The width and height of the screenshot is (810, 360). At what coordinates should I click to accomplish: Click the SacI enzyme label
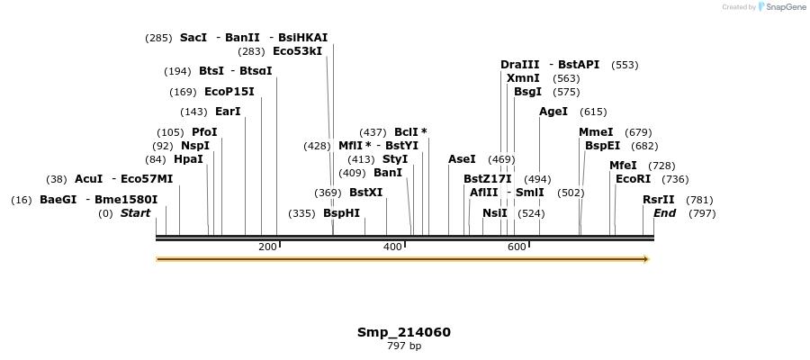coord(193,38)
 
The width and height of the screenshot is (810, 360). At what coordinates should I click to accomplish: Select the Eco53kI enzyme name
coord(297,51)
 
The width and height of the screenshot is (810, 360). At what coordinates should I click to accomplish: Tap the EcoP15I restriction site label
coord(229,92)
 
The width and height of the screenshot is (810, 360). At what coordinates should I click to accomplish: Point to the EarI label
coord(228,112)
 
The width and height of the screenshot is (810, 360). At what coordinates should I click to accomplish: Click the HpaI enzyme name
coord(188,159)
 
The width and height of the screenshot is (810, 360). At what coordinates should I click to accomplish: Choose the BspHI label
coord(341,213)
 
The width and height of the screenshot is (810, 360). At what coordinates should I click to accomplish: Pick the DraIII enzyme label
coord(519,65)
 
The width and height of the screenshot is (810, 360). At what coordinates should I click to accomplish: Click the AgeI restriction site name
coord(553,112)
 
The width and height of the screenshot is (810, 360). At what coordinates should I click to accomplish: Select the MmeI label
coord(596,132)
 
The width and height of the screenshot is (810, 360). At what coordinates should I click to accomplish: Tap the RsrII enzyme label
coord(658,200)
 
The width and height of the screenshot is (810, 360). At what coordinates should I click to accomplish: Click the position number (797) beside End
coord(702,213)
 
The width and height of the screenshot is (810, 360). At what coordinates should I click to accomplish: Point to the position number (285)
coord(158,38)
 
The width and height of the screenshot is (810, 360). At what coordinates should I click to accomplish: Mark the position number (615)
coord(594,112)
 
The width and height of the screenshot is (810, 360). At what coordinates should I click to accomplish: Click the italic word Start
coord(135,213)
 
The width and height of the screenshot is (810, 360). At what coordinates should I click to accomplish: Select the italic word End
coord(664,213)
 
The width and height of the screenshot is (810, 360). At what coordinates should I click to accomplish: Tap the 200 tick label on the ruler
coord(267,247)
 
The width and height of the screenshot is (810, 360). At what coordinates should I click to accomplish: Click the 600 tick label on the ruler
coord(516,247)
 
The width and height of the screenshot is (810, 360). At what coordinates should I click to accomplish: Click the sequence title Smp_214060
coord(404,332)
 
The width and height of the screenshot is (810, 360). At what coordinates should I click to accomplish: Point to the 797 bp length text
coord(404,346)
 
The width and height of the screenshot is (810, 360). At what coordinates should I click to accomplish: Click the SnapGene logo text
coord(785,7)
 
